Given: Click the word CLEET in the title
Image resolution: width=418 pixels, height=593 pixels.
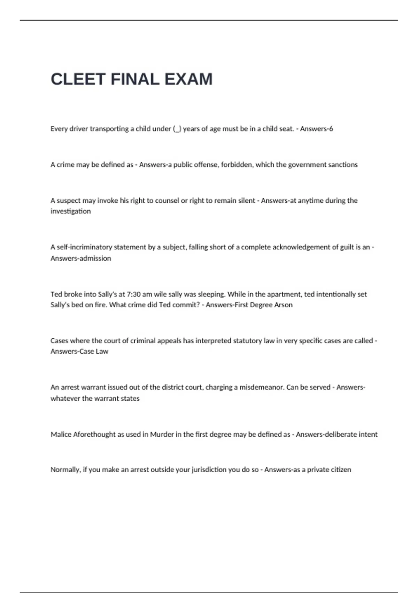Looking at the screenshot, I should coord(78,79).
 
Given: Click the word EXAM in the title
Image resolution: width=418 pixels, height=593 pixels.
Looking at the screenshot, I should coord(188,79).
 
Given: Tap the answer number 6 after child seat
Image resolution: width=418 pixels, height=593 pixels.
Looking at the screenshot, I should coord(331,129).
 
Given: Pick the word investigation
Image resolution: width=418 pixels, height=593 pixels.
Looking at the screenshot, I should coord(71,211).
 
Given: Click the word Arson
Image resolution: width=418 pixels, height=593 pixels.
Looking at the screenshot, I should coord(283,305).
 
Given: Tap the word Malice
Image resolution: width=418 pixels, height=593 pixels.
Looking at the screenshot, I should coord(61,435).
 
